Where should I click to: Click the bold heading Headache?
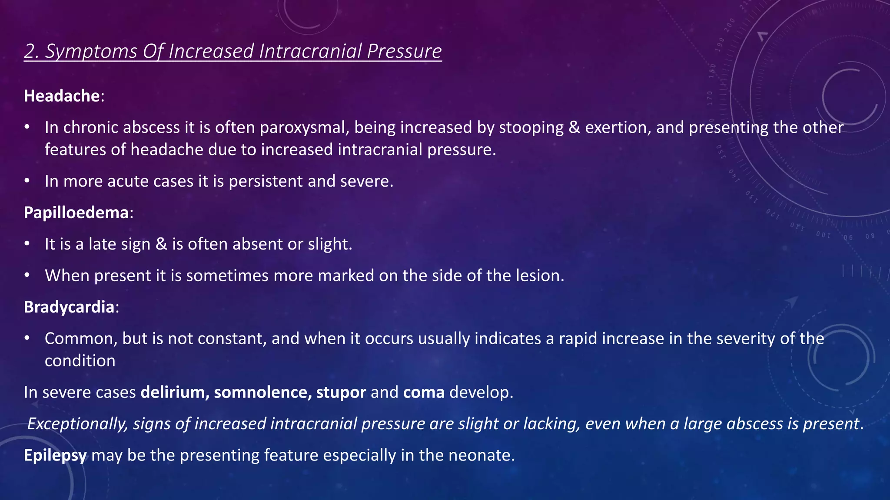pyautogui.click(x=62, y=96)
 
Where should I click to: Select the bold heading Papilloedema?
pyautogui.click(x=76, y=213)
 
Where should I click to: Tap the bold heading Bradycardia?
pyautogui.click(x=69, y=307)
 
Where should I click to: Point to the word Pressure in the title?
pyautogui.click(x=404, y=51)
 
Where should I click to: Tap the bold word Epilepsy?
pyautogui.click(x=55, y=455)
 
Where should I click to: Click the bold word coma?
pyautogui.click(x=424, y=392)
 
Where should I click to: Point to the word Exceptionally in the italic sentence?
pyautogui.click(x=77, y=424)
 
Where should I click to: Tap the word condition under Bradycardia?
pyautogui.click(x=80, y=361)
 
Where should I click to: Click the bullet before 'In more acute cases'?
pyautogui.click(x=27, y=181)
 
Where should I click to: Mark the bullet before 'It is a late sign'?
pyautogui.click(x=27, y=243)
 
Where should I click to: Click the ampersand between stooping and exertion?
pyautogui.click(x=574, y=128)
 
